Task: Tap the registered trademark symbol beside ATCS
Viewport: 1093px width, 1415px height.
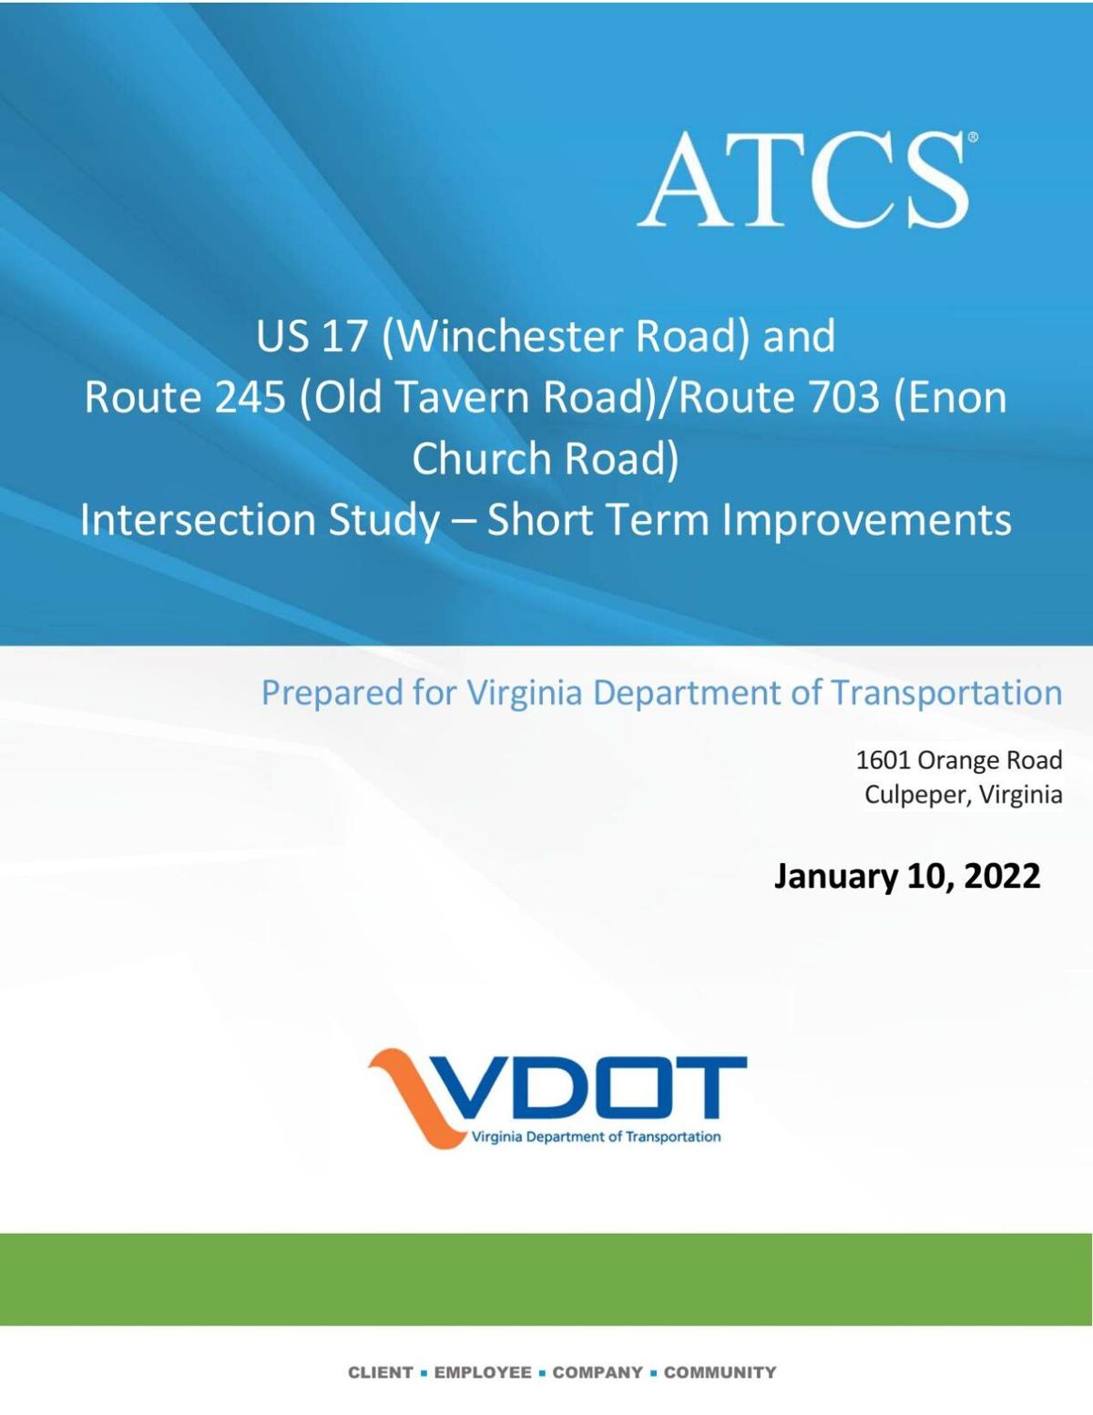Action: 973,137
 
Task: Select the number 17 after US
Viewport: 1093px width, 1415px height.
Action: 341,337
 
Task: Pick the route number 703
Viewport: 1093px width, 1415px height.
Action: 843,397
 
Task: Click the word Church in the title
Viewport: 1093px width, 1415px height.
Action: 482,458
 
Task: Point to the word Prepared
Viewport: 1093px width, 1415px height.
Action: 332,693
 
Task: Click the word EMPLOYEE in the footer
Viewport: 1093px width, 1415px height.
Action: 483,1372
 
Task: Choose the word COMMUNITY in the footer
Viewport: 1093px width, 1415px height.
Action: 720,1372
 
